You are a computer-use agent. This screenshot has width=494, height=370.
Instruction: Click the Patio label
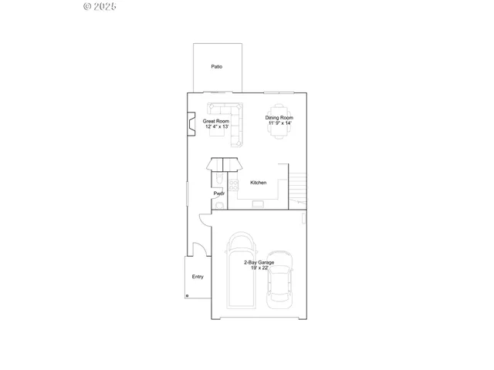point(217,67)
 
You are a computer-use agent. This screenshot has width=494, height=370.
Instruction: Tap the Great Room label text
point(217,121)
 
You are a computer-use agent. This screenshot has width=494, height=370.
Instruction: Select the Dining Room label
point(279,118)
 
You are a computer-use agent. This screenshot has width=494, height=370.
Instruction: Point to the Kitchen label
point(259,183)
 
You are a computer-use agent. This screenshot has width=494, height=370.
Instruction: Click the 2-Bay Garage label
point(259,262)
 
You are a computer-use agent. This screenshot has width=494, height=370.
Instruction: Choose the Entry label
point(198,277)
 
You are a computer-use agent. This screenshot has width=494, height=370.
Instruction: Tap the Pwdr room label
point(219,193)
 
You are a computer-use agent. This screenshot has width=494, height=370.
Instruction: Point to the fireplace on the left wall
point(191,123)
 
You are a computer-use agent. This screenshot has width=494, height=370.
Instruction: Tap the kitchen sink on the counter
point(258,203)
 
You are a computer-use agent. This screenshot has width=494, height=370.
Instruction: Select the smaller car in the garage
point(279,281)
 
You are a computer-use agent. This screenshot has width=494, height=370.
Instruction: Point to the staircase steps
point(298,186)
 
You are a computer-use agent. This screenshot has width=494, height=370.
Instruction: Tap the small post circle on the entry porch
point(187,295)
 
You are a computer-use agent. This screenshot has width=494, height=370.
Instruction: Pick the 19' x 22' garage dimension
point(259,267)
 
